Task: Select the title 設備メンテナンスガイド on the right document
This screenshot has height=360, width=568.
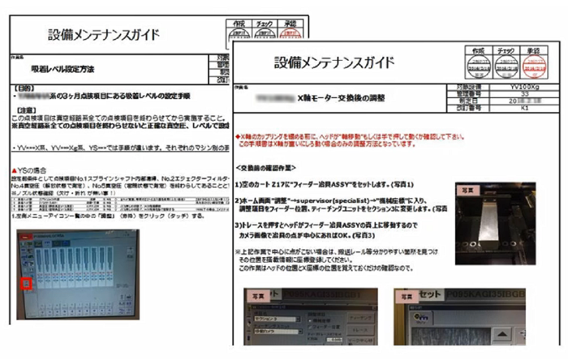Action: (334, 62)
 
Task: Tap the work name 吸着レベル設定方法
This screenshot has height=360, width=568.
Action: (63, 71)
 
